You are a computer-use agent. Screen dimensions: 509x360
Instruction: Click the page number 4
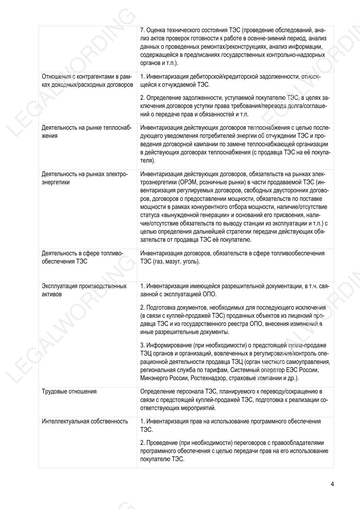332,484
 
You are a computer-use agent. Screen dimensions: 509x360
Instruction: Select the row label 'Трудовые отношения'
69,391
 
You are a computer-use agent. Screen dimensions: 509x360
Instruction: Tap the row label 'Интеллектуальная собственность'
85,421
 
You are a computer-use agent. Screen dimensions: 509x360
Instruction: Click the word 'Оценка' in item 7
155,30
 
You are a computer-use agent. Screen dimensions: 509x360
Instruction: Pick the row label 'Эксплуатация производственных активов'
84,290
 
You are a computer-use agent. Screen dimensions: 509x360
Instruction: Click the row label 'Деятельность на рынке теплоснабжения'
86,132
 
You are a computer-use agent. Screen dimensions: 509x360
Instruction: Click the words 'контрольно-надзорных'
300,55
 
